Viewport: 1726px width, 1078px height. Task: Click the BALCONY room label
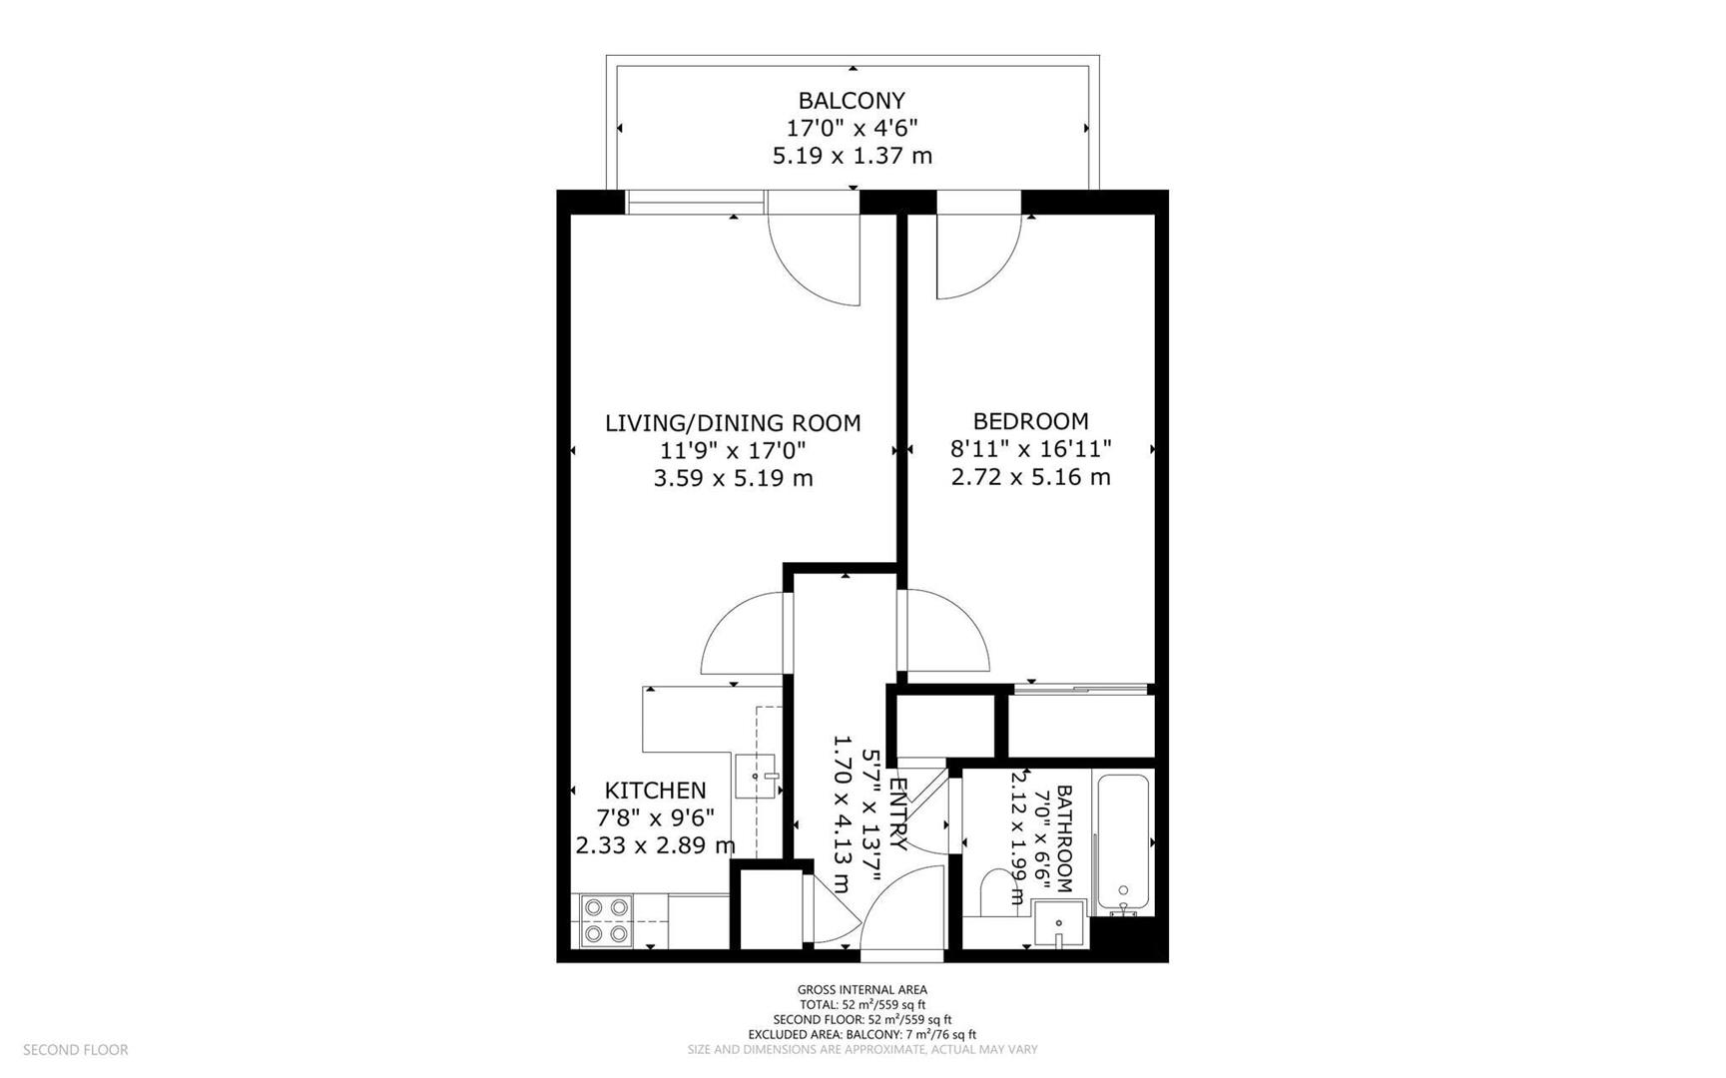coord(852,101)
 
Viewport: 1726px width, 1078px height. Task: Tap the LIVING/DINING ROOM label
coord(733,423)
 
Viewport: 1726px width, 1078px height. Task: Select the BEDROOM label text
coord(1030,421)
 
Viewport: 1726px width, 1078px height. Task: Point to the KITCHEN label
coord(656,791)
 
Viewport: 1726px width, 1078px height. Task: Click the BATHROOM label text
coord(1063,838)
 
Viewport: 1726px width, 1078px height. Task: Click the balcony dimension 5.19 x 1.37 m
coord(852,156)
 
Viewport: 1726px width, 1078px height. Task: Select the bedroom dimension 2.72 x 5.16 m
coord(1030,477)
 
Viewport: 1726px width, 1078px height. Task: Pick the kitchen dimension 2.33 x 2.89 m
coord(656,845)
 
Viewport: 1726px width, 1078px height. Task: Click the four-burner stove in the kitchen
coord(606,920)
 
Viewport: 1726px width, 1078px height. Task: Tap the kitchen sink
coord(756,777)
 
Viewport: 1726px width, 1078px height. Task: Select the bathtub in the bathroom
coord(1124,843)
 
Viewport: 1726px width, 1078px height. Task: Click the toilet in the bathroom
coord(997,891)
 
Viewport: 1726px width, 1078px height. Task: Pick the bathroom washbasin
coord(1059,923)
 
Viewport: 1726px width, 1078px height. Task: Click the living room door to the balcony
coord(814,255)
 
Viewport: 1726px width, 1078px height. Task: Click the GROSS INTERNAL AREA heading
coord(862,990)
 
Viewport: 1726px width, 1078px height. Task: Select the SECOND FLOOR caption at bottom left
coord(76,1050)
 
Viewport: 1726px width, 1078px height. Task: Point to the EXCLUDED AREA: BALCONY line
coord(862,1035)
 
